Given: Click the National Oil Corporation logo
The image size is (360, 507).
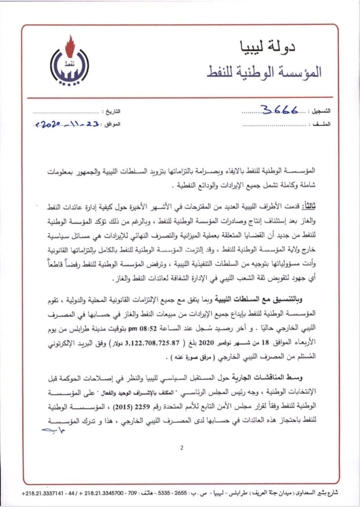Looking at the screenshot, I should [x=69, y=63].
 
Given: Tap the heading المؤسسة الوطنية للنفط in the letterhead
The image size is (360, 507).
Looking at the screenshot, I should [x=267, y=72].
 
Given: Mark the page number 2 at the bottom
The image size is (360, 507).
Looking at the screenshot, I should [x=182, y=448].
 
